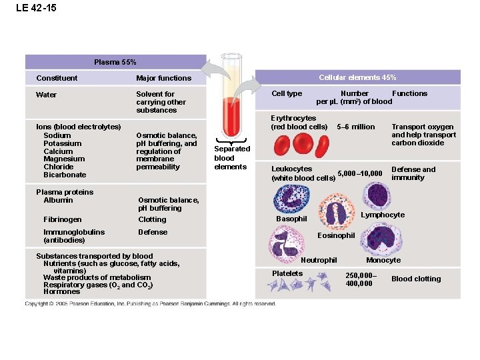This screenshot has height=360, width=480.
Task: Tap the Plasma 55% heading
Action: pyautogui.click(x=115, y=62)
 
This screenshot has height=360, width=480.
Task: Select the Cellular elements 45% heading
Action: pyautogui.click(x=357, y=77)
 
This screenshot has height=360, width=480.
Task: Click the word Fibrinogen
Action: pyautogui.click(x=63, y=219)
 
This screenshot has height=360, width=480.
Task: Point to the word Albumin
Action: pyautogui.click(x=58, y=200)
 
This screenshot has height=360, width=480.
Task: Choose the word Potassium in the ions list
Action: pyautogui.click(x=62, y=143)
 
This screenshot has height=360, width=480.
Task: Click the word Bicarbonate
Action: pyautogui.click(x=65, y=175)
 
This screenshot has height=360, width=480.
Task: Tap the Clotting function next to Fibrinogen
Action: pyautogui.click(x=152, y=219)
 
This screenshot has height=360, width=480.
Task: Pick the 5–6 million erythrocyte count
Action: pyautogui.click(x=356, y=127)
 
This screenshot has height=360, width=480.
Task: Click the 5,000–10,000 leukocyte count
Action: pyautogui.click(x=360, y=174)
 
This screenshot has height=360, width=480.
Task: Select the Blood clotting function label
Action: pyautogui.click(x=416, y=279)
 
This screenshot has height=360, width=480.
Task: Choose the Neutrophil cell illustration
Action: pyautogui.click(x=287, y=241)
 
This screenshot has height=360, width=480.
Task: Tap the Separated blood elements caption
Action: pyautogui.click(x=231, y=158)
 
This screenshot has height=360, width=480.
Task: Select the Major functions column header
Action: pyautogui.click(x=163, y=78)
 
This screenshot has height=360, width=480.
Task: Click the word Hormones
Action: pyautogui.click(x=61, y=291)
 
